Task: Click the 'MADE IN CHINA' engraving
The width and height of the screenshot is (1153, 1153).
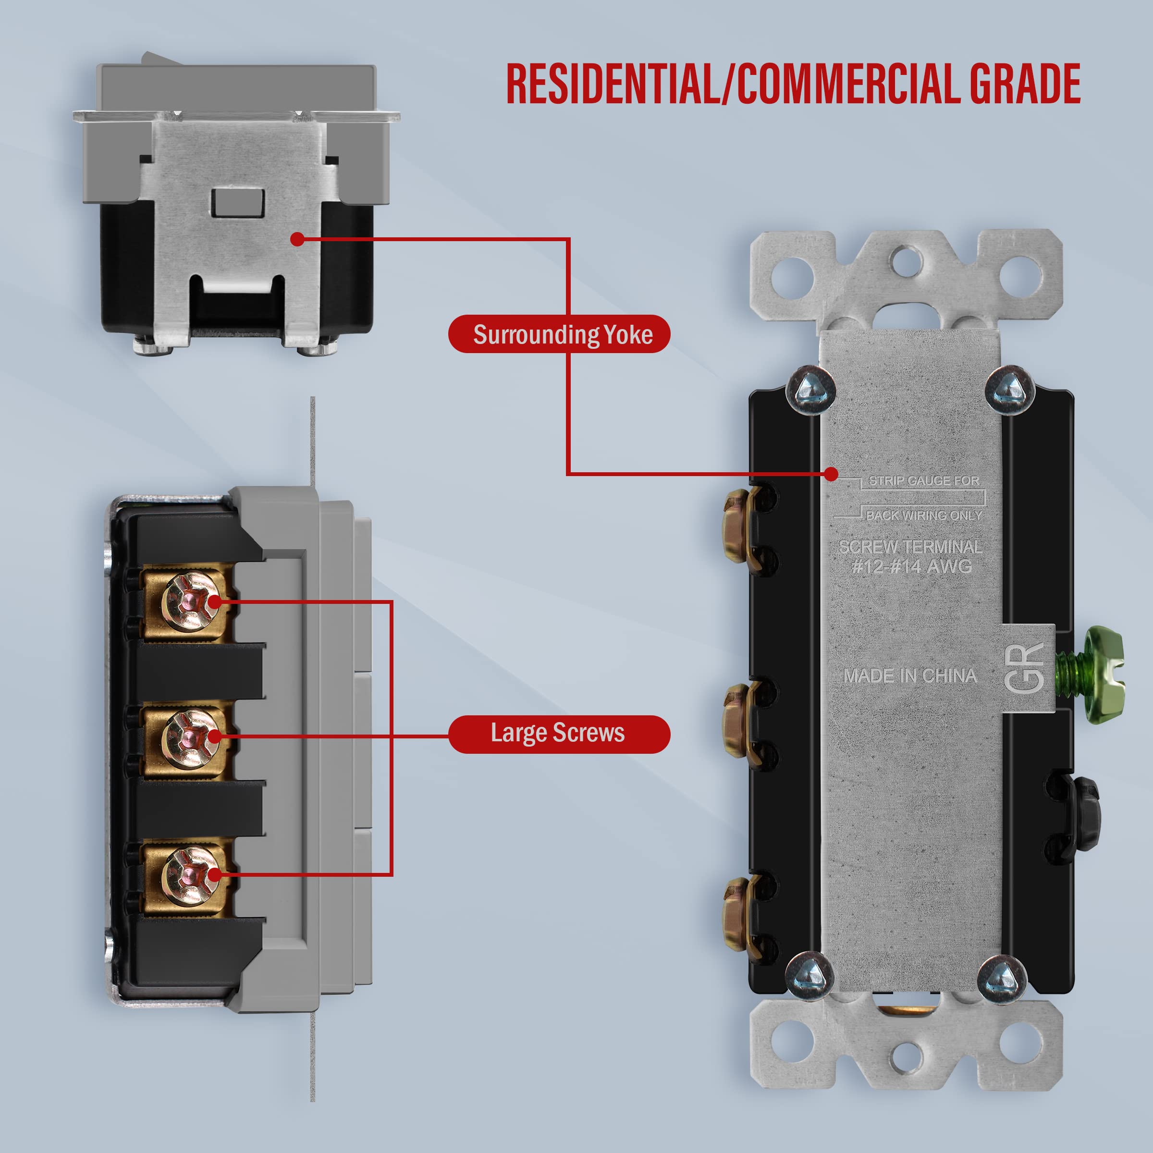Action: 909,675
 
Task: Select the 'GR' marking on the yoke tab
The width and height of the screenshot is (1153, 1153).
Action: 1024,668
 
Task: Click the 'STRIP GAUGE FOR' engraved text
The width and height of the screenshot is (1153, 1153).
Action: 923,480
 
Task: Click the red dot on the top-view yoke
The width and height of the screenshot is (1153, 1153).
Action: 297,239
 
